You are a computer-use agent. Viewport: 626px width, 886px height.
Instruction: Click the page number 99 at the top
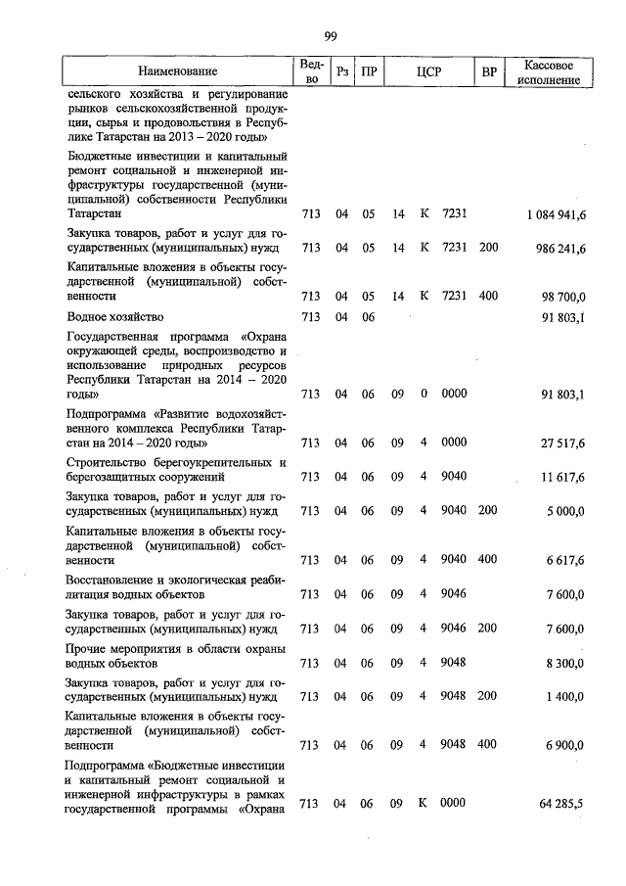point(330,36)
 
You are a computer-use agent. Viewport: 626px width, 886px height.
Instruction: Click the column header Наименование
point(177,71)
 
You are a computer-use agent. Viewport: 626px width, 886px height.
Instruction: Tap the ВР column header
point(488,71)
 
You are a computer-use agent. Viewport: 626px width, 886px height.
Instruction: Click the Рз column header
point(340,71)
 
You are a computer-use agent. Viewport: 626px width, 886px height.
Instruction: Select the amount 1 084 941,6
point(555,214)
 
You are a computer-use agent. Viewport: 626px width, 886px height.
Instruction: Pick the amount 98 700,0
point(563,296)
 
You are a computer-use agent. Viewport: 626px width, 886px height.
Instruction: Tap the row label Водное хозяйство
point(115,317)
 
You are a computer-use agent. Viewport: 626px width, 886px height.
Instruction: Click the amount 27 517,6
point(562,443)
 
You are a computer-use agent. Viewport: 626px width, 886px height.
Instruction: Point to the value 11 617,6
point(562,477)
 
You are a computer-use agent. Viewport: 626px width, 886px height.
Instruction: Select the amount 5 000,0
point(566,511)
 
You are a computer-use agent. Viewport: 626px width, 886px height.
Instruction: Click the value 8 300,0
point(566,663)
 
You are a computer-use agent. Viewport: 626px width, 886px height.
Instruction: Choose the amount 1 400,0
point(566,696)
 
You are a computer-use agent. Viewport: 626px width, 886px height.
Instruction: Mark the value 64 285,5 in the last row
point(561,804)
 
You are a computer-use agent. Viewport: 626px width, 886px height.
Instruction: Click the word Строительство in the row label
point(111,462)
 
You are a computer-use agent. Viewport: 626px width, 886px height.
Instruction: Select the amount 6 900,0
point(566,744)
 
